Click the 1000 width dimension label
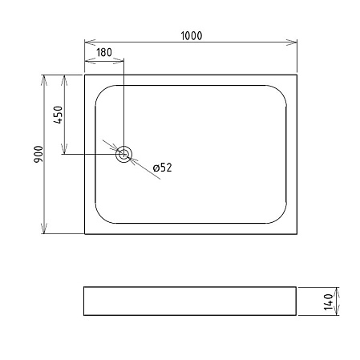click(x=192, y=36)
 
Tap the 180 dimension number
click(x=104, y=52)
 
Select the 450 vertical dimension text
click(x=58, y=115)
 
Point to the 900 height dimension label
click(x=38, y=154)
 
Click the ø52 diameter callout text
click(x=163, y=168)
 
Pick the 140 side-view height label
click(x=329, y=301)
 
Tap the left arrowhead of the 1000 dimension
click(x=90, y=42)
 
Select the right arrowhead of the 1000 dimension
click(x=292, y=42)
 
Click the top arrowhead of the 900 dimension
click(x=44, y=80)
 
